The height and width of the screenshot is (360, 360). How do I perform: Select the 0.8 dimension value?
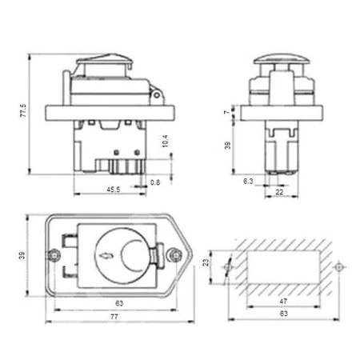coord(155,182)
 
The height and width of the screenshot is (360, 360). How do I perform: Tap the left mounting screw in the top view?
coord(53,255)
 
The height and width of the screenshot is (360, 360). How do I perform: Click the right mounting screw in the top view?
coord(175,255)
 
